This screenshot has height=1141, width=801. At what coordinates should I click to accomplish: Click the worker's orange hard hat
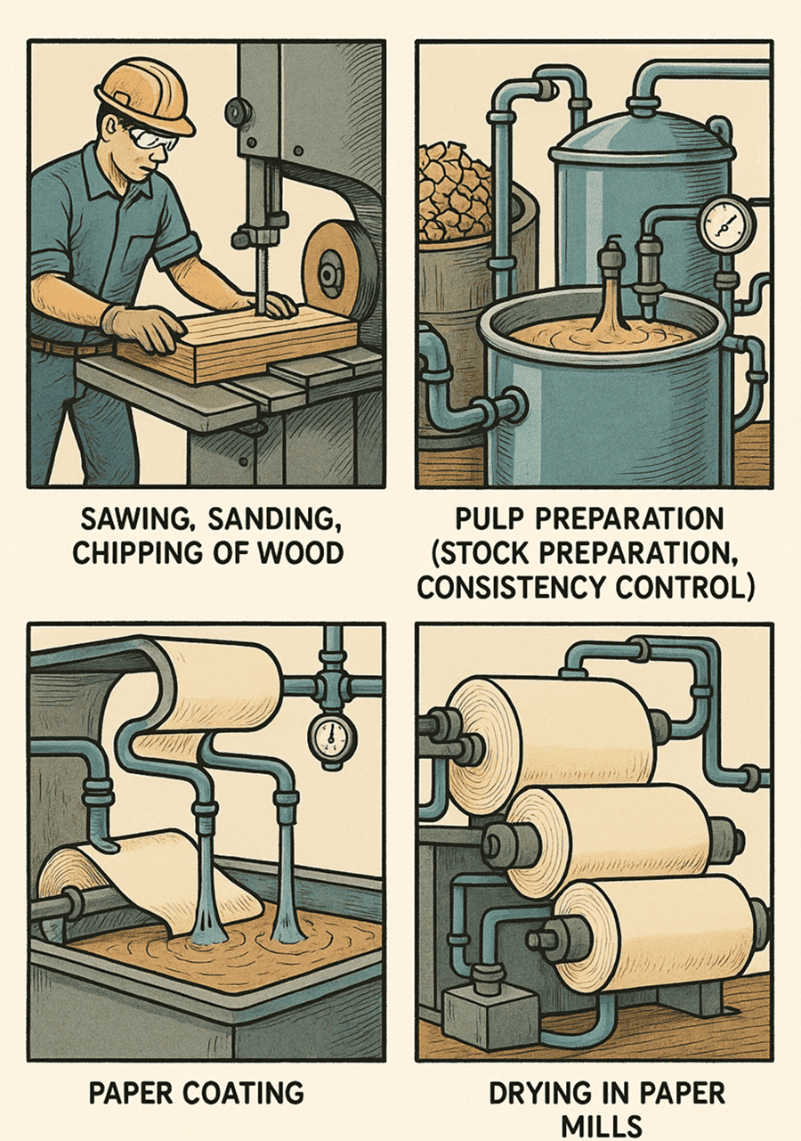[x=142, y=94]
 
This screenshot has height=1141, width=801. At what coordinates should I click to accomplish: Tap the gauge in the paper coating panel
[x=331, y=737]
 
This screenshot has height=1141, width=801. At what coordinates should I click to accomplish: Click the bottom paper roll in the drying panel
[x=659, y=931]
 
